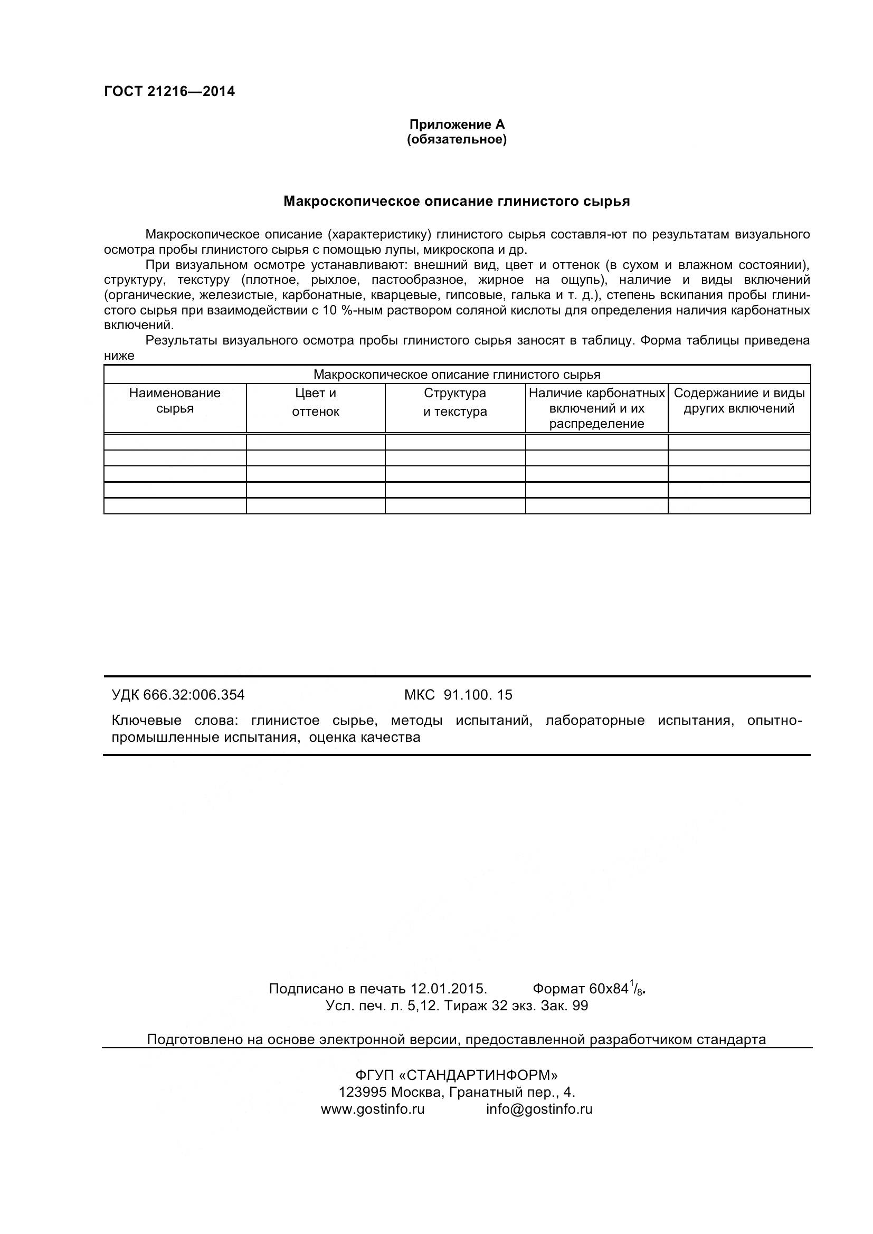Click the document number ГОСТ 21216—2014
pos(169,91)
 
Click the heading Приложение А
pos(457,124)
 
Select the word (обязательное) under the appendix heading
pos(457,140)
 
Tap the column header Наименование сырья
pos(175,400)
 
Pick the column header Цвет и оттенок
pos(316,402)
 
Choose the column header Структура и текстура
pos(455,402)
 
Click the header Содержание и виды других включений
pos(738,400)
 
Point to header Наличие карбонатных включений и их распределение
pos(597,408)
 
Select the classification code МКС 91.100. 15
pos(458,695)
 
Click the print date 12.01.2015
pos(448,989)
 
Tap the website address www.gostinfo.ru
pos(373,1109)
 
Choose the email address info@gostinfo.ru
pos(539,1109)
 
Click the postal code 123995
pos(362,1092)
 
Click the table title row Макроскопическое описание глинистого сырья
pos(457,375)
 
